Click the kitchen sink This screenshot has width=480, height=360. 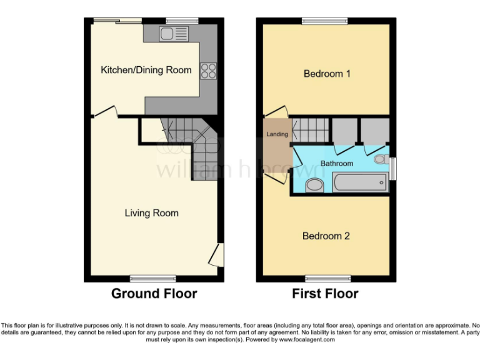(x=168, y=34)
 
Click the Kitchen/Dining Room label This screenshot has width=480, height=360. (x=146, y=70)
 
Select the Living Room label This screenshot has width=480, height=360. (x=151, y=213)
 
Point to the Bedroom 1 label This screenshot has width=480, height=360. (x=326, y=74)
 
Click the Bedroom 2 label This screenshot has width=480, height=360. (x=326, y=236)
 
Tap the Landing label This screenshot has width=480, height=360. (x=277, y=134)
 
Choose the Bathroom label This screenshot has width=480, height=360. (x=337, y=164)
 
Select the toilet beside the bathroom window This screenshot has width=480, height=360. (x=380, y=160)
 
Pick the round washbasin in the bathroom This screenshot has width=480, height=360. (x=314, y=185)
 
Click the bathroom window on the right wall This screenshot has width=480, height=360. (x=392, y=168)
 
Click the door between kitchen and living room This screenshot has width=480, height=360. (x=106, y=112)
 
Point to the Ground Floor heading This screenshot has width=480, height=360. (x=154, y=294)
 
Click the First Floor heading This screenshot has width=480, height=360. (x=325, y=294)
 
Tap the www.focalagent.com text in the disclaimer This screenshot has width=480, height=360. (x=306, y=340)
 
